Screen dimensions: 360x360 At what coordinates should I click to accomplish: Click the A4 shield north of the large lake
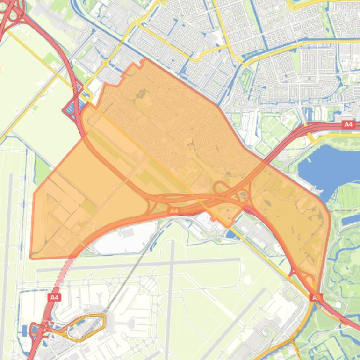coord(348,124)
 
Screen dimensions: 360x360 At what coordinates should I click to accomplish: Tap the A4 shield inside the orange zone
coord(173,211)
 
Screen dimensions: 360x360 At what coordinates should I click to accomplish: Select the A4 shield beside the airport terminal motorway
coord(54,297)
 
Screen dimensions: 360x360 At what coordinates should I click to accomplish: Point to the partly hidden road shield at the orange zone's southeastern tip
coord(316,297)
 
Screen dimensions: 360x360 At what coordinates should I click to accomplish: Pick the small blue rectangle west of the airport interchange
coord(24,331)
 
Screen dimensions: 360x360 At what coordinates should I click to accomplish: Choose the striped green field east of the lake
coord(348,196)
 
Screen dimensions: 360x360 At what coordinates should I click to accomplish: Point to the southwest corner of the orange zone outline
coord(31,257)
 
